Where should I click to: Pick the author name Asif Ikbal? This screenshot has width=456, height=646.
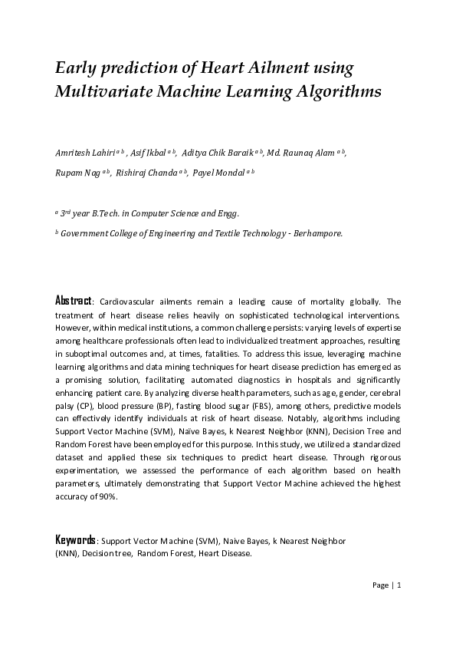click(149, 153)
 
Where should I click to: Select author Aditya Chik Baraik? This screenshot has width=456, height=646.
click(218, 153)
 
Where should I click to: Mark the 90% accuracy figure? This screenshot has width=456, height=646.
click(107, 496)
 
